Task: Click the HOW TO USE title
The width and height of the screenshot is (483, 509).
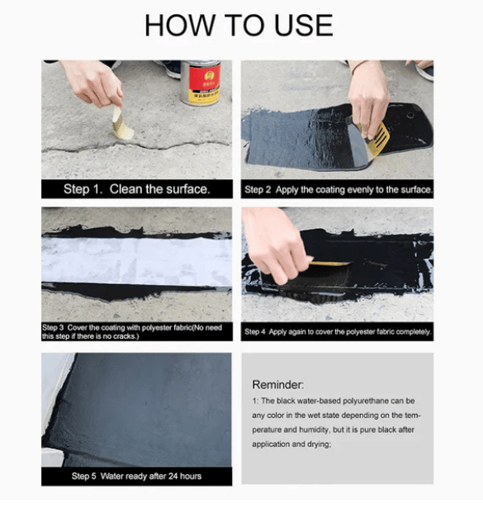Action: click(239, 26)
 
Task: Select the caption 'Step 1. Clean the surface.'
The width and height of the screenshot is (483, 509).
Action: click(136, 189)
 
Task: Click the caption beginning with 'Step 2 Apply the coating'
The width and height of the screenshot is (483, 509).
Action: click(338, 190)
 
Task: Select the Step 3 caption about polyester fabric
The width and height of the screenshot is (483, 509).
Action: click(136, 331)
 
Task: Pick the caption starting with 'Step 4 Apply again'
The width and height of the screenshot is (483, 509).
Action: click(338, 331)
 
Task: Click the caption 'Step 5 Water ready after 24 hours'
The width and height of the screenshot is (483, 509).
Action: click(136, 476)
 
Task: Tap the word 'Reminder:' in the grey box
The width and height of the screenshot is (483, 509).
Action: click(278, 384)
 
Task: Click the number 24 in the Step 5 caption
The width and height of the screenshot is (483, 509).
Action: click(172, 476)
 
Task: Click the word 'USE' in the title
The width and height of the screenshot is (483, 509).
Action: click(298, 26)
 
